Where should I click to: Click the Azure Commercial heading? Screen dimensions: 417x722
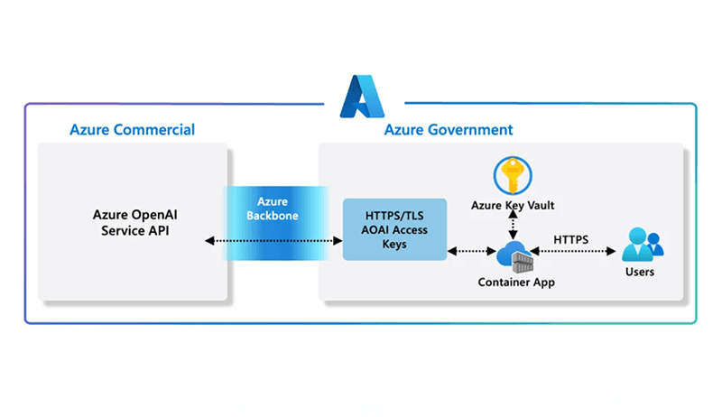[132, 130]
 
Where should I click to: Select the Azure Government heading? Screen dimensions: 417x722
[449, 130]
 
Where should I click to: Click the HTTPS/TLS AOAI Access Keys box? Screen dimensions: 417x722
[394, 229]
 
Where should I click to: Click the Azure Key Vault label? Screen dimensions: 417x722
[512, 205]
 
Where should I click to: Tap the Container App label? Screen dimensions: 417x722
[516, 283]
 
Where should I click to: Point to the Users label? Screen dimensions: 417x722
[639, 271]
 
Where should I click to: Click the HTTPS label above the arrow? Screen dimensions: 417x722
[570, 239]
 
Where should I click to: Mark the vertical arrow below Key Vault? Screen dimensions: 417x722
[512, 227]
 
